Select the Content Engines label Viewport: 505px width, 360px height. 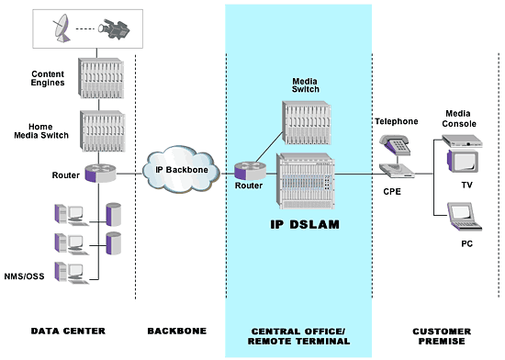tap(49, 79)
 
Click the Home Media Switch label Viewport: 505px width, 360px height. tap(49, 129)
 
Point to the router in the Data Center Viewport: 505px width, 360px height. tap(95, 172)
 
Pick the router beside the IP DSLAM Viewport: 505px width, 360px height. tap(248, 171)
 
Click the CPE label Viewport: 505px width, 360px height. tap(392, 192)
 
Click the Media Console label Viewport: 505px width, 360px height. tap(460, 118)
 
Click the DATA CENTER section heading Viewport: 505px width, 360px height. tap(68, 330)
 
